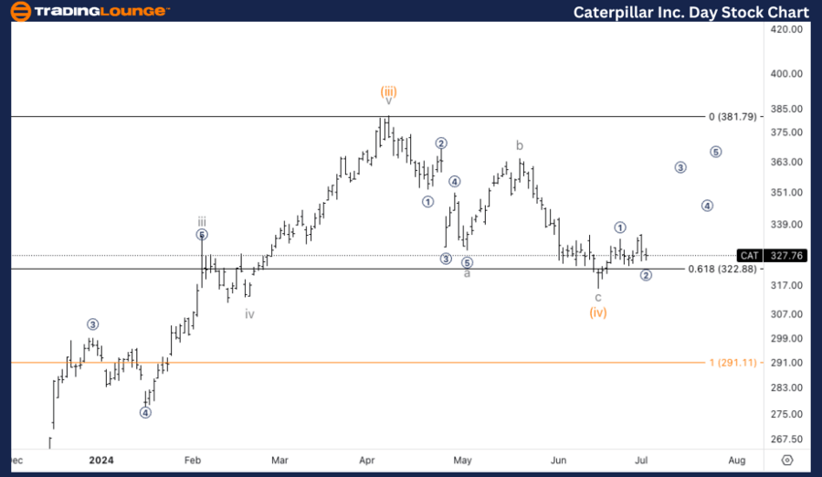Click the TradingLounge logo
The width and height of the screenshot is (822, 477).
(x=90, y=12)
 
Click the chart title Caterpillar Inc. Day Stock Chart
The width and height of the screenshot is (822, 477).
(x=690, y=12)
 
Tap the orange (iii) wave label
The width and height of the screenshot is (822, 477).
(x=388, y=91)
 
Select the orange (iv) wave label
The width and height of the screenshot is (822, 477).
(x=598, y=313)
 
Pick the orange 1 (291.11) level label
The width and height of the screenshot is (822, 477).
(x=732, y=363)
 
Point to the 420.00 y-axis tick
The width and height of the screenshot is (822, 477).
(x=785, y=29)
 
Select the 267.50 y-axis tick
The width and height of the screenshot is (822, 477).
(x=785, y=438)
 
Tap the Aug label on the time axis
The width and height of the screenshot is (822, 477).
(x=737, y=460)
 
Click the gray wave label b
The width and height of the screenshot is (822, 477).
(x=519, y=145)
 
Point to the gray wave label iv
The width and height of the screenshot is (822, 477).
(x=249, y=313)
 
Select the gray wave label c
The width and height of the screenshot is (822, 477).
(x=598, y=297)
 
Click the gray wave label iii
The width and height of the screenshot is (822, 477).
(x=202, y=221)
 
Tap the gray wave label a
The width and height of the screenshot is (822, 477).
(x=467, y=273)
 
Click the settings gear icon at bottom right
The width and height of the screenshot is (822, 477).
(x=787, y=460)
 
